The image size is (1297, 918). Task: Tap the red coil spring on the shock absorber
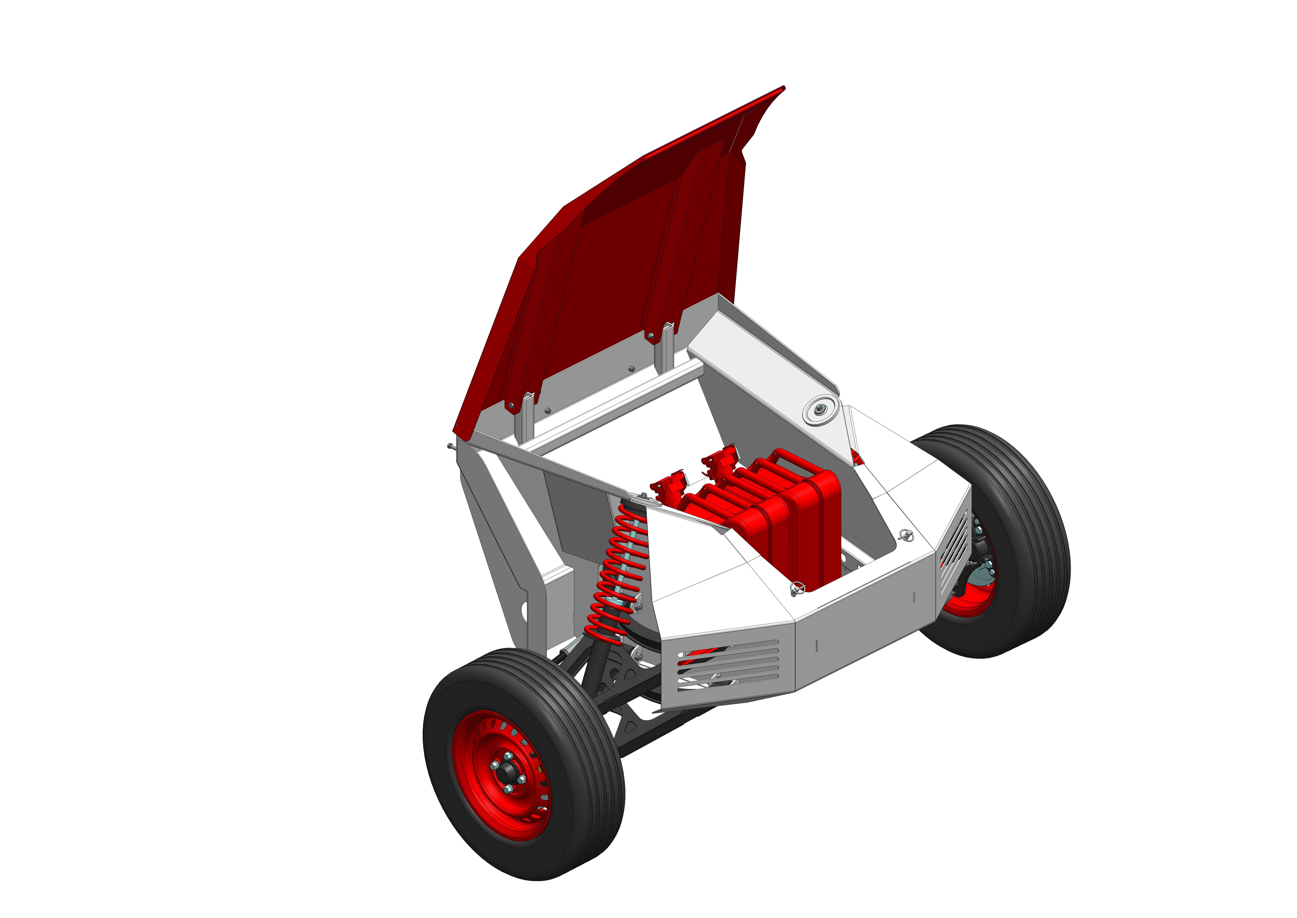click(x=616, y=571)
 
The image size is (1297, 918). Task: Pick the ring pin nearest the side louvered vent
click(x=906, y=534)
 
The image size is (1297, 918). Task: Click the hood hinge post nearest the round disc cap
click(x=668, y=345)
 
